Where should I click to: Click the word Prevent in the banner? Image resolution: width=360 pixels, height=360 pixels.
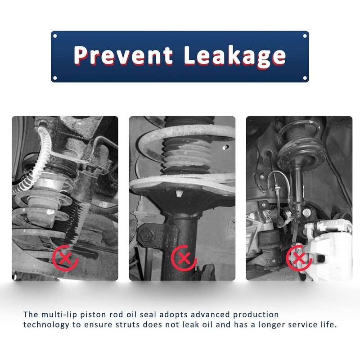(123, 55)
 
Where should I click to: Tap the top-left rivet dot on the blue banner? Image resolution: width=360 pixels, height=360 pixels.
(55, 36)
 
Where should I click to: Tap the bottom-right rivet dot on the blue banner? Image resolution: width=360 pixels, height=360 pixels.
(305, 78)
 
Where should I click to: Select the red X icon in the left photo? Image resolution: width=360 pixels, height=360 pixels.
(65, 258)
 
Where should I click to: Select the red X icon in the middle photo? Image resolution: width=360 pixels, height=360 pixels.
(184, 258)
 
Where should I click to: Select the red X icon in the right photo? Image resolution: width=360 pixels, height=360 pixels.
(299, 258)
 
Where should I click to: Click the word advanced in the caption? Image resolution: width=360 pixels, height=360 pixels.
(210, 314)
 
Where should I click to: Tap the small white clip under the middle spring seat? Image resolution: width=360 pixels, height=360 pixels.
(179, 194)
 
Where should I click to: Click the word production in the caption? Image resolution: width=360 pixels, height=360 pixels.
(256, 315)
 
